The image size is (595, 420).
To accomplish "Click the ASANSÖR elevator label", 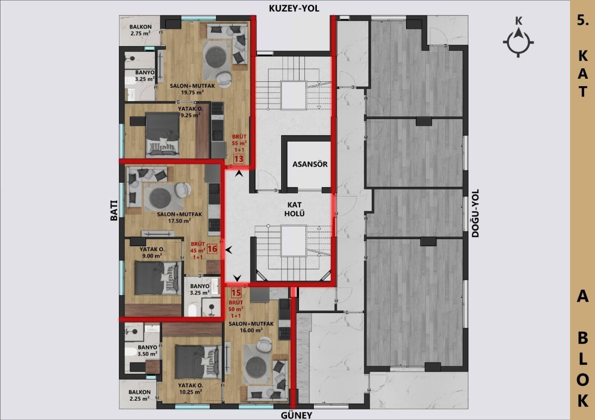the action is click(x=310, y=164).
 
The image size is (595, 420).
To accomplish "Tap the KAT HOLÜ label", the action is click(x=295, y=209).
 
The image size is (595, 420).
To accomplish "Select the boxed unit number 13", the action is click(x=238, y=159).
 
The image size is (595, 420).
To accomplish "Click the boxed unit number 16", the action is click(x=212, y=249).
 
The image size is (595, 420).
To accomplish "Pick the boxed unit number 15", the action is click(x=236, y=293).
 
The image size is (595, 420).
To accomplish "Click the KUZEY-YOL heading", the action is click(x=294, y=8).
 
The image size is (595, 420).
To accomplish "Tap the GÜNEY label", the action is click(x=297, y=415).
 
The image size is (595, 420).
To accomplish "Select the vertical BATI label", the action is click(x=114, y=210).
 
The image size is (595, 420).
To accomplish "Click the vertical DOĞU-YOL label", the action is click(x=475, y=213).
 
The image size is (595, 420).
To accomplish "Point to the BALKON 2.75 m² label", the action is click(x=140, y=30).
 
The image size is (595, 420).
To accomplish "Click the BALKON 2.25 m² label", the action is click(x=139, y=395).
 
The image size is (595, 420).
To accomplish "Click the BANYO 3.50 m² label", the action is click(x=147, y=350).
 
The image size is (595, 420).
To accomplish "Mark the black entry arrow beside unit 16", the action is click(x=229, y=250).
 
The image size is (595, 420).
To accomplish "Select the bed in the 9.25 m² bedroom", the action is click(x=163, y=135).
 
